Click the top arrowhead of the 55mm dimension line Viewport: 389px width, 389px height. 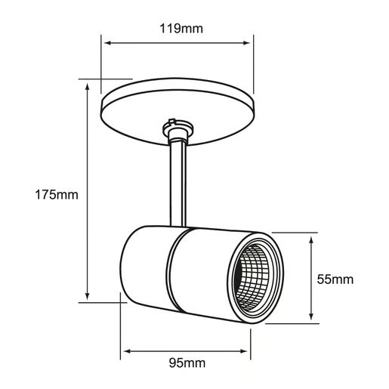point(313,236)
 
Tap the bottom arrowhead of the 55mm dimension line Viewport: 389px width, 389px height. point(313,321)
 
